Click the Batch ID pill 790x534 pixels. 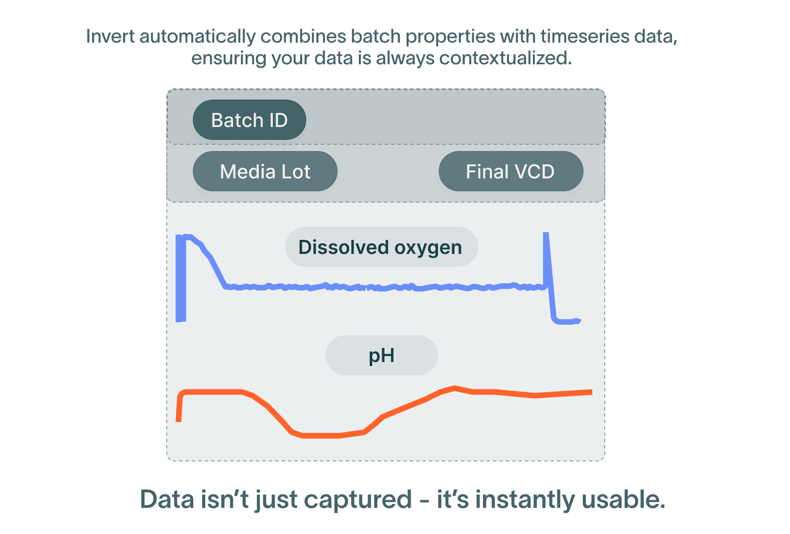pyautogui.click(x=249, y=120)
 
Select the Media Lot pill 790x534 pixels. pyautogui.click(x=265, y=172)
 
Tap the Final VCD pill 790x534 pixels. pyautogui.click(x=510, y=172)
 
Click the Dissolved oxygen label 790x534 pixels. pyautogui.click(x=381, y=247)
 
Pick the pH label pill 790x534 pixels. pyautogui.click(x=381, y=355)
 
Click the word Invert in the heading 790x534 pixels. pyautogui.click(x=110, y=37)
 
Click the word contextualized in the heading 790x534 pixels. pyautogui.click(x=505, y=58)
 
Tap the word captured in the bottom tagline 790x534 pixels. pyautogui.click(x=358, y=499)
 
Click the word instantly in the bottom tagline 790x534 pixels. pyautogui.click(x=525, y=499)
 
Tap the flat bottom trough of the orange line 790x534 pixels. pyautogui.click(x=321, y=435)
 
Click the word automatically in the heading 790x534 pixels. pyautogui.click(x=198, y=37)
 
